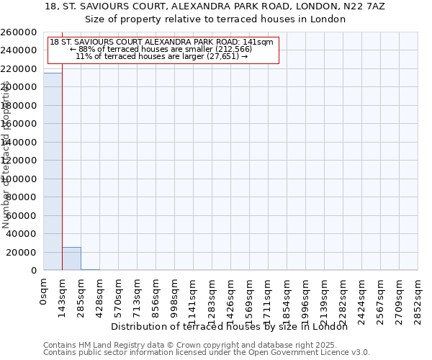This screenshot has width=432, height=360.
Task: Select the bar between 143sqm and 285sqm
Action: pos(71,258)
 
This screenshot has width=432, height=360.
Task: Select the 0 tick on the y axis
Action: pos(33,271)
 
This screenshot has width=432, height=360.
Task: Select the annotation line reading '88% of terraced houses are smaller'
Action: pos(161,49)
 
